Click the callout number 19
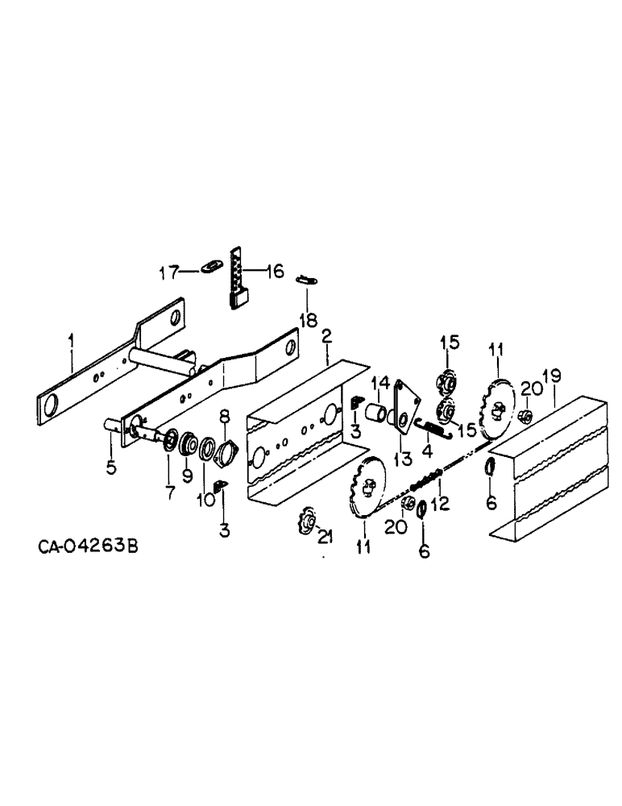coord(552,376)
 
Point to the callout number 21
coord(324,538)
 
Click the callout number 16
coord(274,272)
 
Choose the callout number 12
coord(440,505)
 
